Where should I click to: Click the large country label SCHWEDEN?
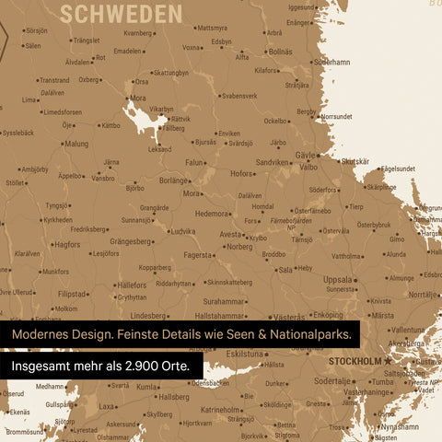pyautogui.click(x=121, y=13)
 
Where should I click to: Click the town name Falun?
pyautogui.click(x=194, y=162)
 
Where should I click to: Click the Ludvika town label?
pyautogui.click(x=182, y=232)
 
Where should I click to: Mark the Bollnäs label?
pyautogui.click(x=279, y=52)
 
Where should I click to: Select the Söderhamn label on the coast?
pyautogui.click(x=332, y=63)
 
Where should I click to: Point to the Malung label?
pyautogui.click(x=76, y=144)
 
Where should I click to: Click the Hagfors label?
pyautogui.click(x=66, y=245)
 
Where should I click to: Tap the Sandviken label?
pyautogui.click(x=273, y=162)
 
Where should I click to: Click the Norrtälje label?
pyautogui.click(x=423, y=295)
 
